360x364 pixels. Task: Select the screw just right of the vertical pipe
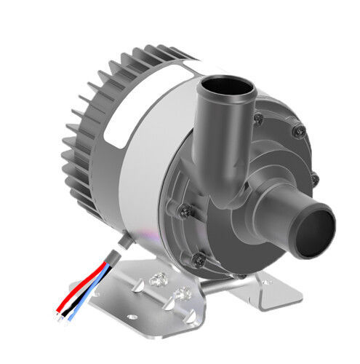click(297, 132)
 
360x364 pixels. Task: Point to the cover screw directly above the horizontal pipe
click(315, 178)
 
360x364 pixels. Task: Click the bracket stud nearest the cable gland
click(157, 280)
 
